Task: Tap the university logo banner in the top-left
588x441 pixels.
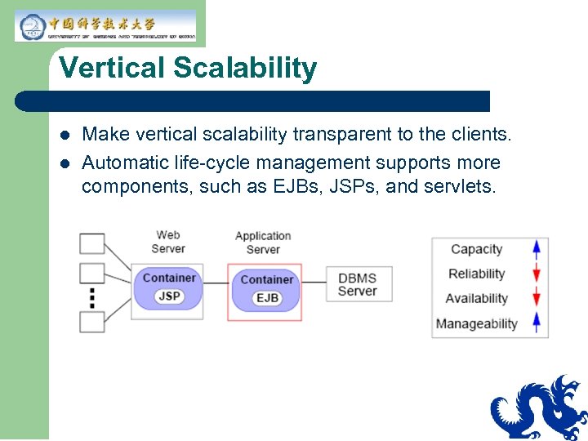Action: pyautogui.click(x=105, y=25)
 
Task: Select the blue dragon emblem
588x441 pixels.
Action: pyautogui.click(x=540, y=408)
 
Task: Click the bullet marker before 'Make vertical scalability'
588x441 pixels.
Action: pyautogui.click(x=65, y=134)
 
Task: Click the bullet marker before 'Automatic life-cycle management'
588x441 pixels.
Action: pyautogui.click(x=65, y=163)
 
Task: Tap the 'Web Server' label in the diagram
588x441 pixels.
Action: pyautogui.click(x=168, y=242)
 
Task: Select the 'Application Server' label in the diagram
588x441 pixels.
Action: pyautogui.click(x=263, y=243)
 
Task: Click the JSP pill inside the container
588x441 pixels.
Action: pyautogui.click(x=169, y=296)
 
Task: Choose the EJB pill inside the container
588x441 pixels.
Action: pyautogui.click(x=267, y=298)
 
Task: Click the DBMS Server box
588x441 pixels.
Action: pyautogui.click(x=358, y=285)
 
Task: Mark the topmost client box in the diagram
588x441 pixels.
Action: pyautogui.click(x=91, y=243)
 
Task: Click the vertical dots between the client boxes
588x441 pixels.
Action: pyautogui.click(x=91, y=297)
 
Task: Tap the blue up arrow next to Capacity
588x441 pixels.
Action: pyautogui.click(x=537, y=249)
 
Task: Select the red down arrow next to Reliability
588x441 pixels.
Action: pyautogui.click(x=537, y=274)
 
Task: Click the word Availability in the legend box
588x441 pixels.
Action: pyautogui.click(x=476, y=299)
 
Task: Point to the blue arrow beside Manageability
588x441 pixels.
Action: pyautogui.click(x=537, y=323)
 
